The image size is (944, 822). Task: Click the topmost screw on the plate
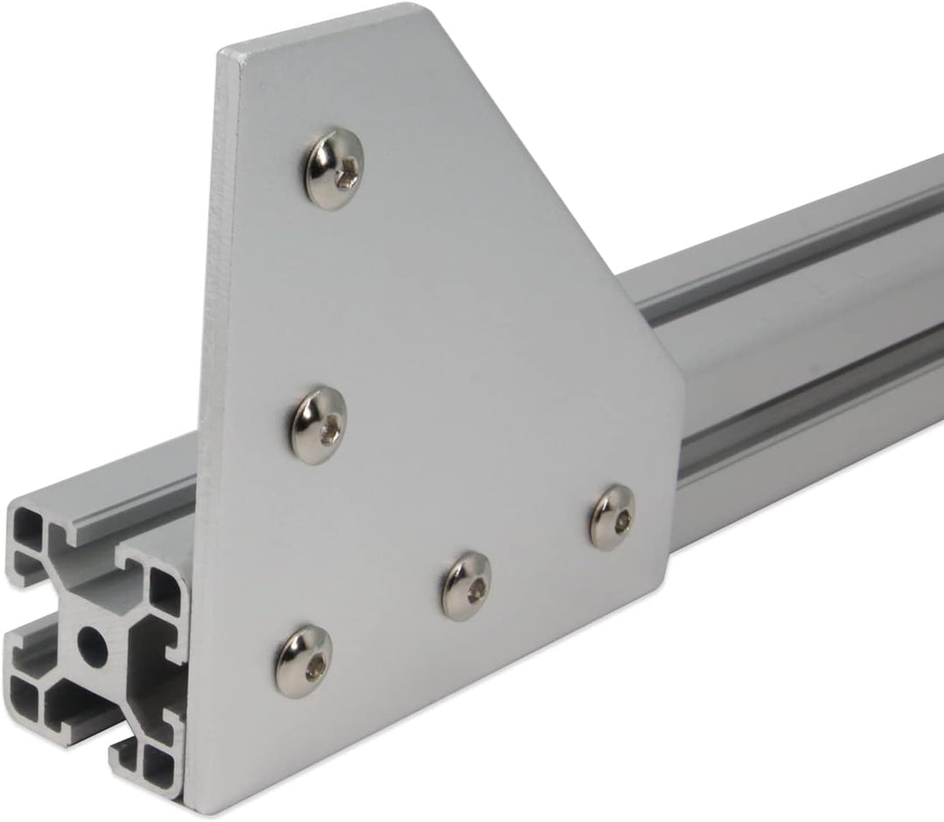(x=333, y=170)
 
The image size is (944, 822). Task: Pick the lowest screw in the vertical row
(x=304, y=660)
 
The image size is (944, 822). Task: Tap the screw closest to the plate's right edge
(x=611, y=515)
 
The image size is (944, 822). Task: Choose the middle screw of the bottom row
(x=466, y=584)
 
